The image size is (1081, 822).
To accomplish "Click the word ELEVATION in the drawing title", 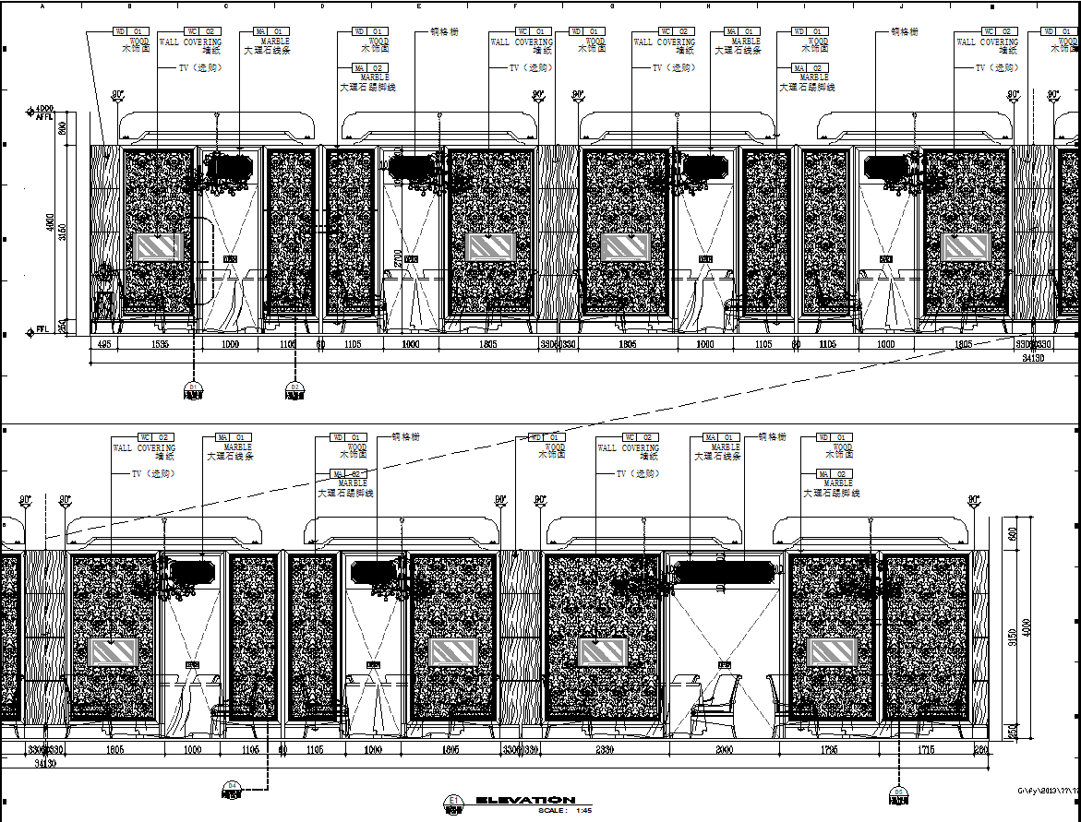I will (526, 800).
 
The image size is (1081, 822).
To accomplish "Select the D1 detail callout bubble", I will (193, 390).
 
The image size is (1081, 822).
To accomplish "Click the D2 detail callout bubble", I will (294, 390).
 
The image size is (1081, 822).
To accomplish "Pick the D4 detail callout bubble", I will (233, 789).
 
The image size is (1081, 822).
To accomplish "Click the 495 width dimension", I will (104, 344).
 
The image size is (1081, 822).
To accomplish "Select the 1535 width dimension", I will (159, 344).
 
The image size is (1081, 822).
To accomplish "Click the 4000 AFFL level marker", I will (42, 113).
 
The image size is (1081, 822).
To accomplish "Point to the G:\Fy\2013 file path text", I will (1049, 791).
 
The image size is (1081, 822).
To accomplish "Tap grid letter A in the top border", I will (43, 6).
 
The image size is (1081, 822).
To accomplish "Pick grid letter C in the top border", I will (226, 6).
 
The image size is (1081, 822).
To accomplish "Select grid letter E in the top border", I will (419, 6).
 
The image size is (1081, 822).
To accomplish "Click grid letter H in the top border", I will (708, 6).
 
